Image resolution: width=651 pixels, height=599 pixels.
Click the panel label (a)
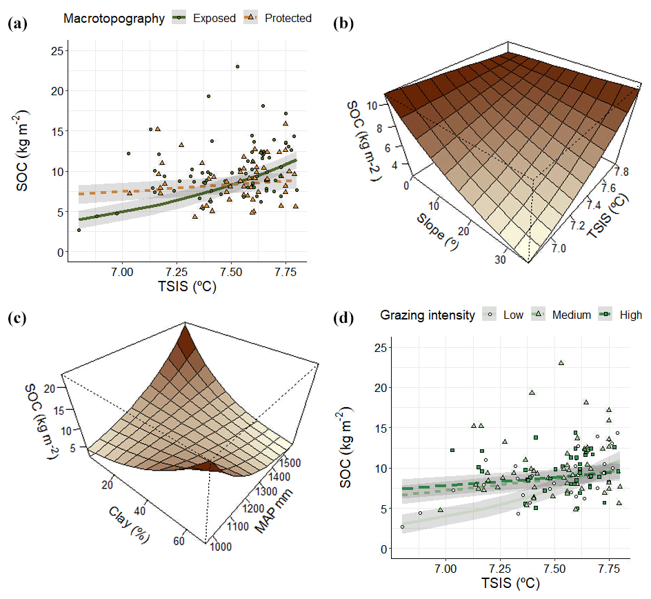(17, 23)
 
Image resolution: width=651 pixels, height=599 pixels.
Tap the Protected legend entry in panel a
(280, 18)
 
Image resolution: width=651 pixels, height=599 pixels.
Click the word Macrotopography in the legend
(114, 18)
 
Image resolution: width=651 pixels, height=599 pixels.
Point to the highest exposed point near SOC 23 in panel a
(237, 67)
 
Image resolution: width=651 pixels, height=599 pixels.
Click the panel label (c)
(17, 319)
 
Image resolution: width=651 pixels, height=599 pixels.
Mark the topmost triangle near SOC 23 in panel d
(561, 362)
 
